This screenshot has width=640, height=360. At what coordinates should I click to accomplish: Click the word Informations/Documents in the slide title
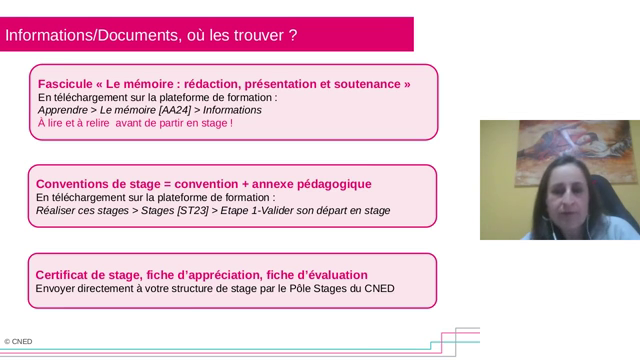click(x=88, y=35)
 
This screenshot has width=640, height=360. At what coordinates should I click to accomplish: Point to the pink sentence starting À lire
click(x=135, y=123)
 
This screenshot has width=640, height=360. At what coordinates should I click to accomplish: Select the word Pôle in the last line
click(x=298, y=289)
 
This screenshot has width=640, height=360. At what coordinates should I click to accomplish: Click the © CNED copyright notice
click(x=18, y=342)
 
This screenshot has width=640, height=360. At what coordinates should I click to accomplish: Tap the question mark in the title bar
click(x=292, y=35)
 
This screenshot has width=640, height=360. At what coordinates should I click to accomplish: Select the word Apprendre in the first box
click(x=61, y=110)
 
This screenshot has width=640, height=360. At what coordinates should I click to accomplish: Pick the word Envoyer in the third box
click(x=59, y=289)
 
